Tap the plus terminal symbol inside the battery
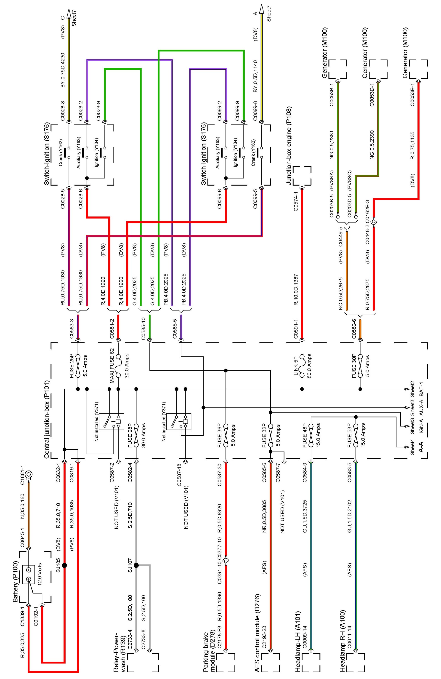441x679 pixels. (29, 579)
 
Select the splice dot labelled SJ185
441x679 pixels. (64, 565)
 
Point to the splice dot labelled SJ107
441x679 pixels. (136, 565)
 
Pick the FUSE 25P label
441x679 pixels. (72, 366)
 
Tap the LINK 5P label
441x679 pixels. (296, 366)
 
